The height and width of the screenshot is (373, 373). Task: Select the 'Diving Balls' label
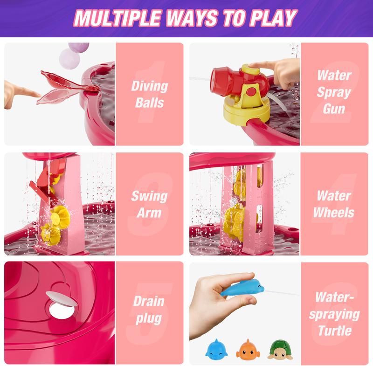[149, 94]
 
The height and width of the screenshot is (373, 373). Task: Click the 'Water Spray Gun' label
[334, 91]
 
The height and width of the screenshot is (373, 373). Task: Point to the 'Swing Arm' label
[149, 204]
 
